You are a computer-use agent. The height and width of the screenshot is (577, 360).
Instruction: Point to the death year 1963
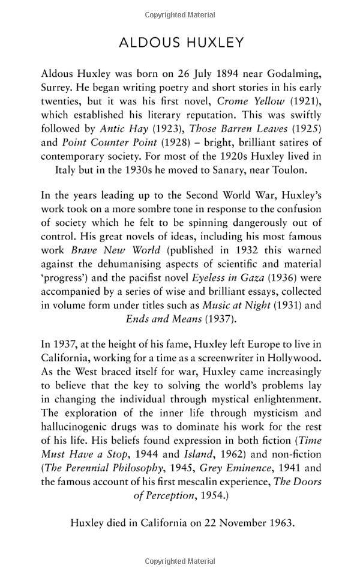[280, 522]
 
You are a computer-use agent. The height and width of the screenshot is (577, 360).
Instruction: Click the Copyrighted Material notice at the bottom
[180, 561]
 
